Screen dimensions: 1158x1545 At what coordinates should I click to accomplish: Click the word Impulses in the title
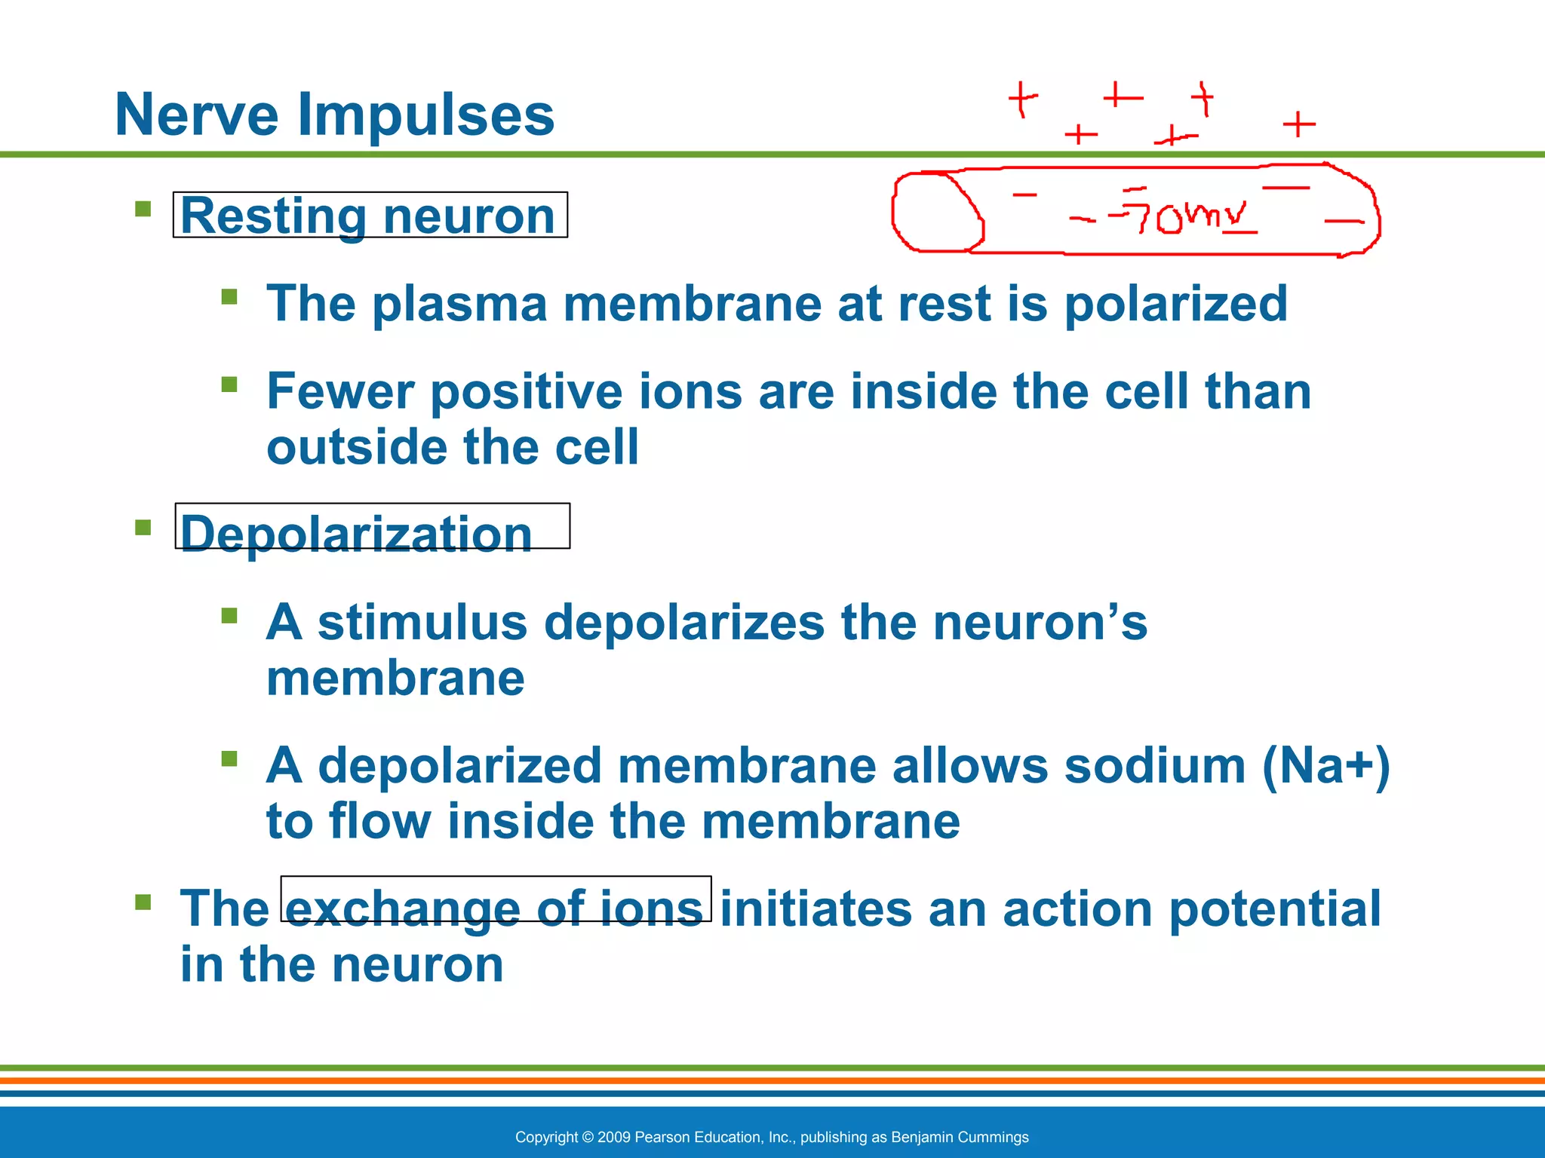426,115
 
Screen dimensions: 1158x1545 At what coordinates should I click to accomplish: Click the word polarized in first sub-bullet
1175,305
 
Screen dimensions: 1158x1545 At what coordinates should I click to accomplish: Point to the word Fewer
340,392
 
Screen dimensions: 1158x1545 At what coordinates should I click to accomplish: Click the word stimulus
422,623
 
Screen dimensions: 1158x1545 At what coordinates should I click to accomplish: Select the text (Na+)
1325,766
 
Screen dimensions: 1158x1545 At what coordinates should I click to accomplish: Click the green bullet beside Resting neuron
143,209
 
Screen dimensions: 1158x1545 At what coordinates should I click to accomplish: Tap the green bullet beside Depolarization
143,526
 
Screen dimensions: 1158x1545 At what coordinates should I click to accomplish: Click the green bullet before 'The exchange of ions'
143,902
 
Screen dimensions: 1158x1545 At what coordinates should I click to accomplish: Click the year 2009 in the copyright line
613,1137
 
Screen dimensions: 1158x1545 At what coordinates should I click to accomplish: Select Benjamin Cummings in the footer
960,1137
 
